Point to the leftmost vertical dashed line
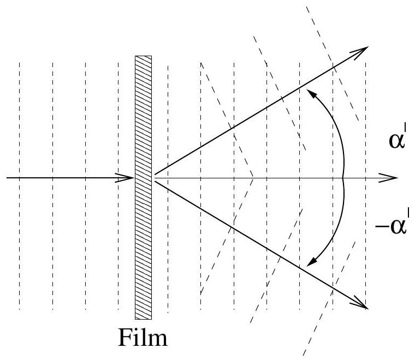pos(20,185)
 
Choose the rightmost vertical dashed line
pos(365,185)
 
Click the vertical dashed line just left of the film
pos(118,185)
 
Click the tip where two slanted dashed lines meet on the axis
pos(253,178)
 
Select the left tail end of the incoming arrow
pos(5,178)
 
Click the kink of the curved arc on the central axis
pos(343,178)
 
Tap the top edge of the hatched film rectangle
pos(144,56)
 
